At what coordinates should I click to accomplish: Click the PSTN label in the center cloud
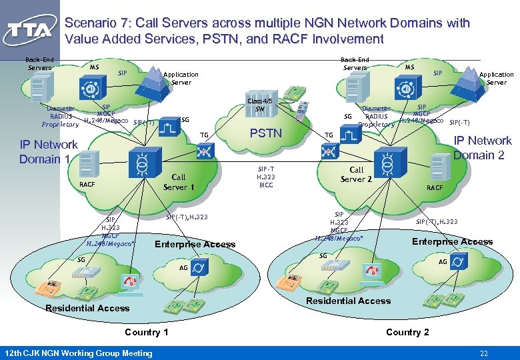(265, 133)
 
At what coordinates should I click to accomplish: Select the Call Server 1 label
(179, 182)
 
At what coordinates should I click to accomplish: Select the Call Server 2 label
(357, 174)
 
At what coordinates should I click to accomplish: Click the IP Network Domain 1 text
(48, 151)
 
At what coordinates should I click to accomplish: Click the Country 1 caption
(146, 332)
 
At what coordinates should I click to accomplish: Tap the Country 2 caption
(407, 332)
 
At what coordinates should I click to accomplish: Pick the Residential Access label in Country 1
(87, 308)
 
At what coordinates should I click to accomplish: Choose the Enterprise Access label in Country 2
(452, 241)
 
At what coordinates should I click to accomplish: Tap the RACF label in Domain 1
(87, 184)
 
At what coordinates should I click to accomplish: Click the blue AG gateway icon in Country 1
(200, 267)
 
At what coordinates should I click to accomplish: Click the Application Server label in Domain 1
(181, 79)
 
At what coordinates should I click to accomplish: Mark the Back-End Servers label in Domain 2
(355, 63)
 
